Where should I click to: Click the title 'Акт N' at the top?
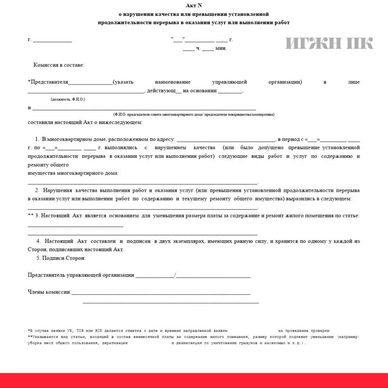click(194, 5)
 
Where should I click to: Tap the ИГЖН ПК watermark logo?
click(329, 43)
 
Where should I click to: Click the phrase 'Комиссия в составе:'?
click(59, 65)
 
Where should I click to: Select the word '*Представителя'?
click(48, 82)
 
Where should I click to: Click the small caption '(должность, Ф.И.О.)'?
click(68, 99)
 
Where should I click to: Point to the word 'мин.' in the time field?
click(221, 48)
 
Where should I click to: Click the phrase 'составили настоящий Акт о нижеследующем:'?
click(85, 122)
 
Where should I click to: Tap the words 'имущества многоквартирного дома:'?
click(73, 173)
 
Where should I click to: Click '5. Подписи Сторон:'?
click(61, 258)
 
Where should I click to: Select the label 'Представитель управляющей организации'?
click(81, 275)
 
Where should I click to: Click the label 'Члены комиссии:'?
click(49, 292)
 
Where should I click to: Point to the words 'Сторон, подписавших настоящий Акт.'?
click(76, 249)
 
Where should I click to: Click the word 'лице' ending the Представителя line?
click(354, 82)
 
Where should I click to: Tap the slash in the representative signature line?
click(175, 275)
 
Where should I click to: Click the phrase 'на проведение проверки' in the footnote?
click(304, 331)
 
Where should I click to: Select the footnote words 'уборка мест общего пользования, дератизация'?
click(78, 343)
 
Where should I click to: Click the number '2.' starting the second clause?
click(37, 190)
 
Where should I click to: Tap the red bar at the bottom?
click(194, 380)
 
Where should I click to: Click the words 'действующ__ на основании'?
click(182, 91)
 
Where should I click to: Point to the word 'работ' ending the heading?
click(282, 22)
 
